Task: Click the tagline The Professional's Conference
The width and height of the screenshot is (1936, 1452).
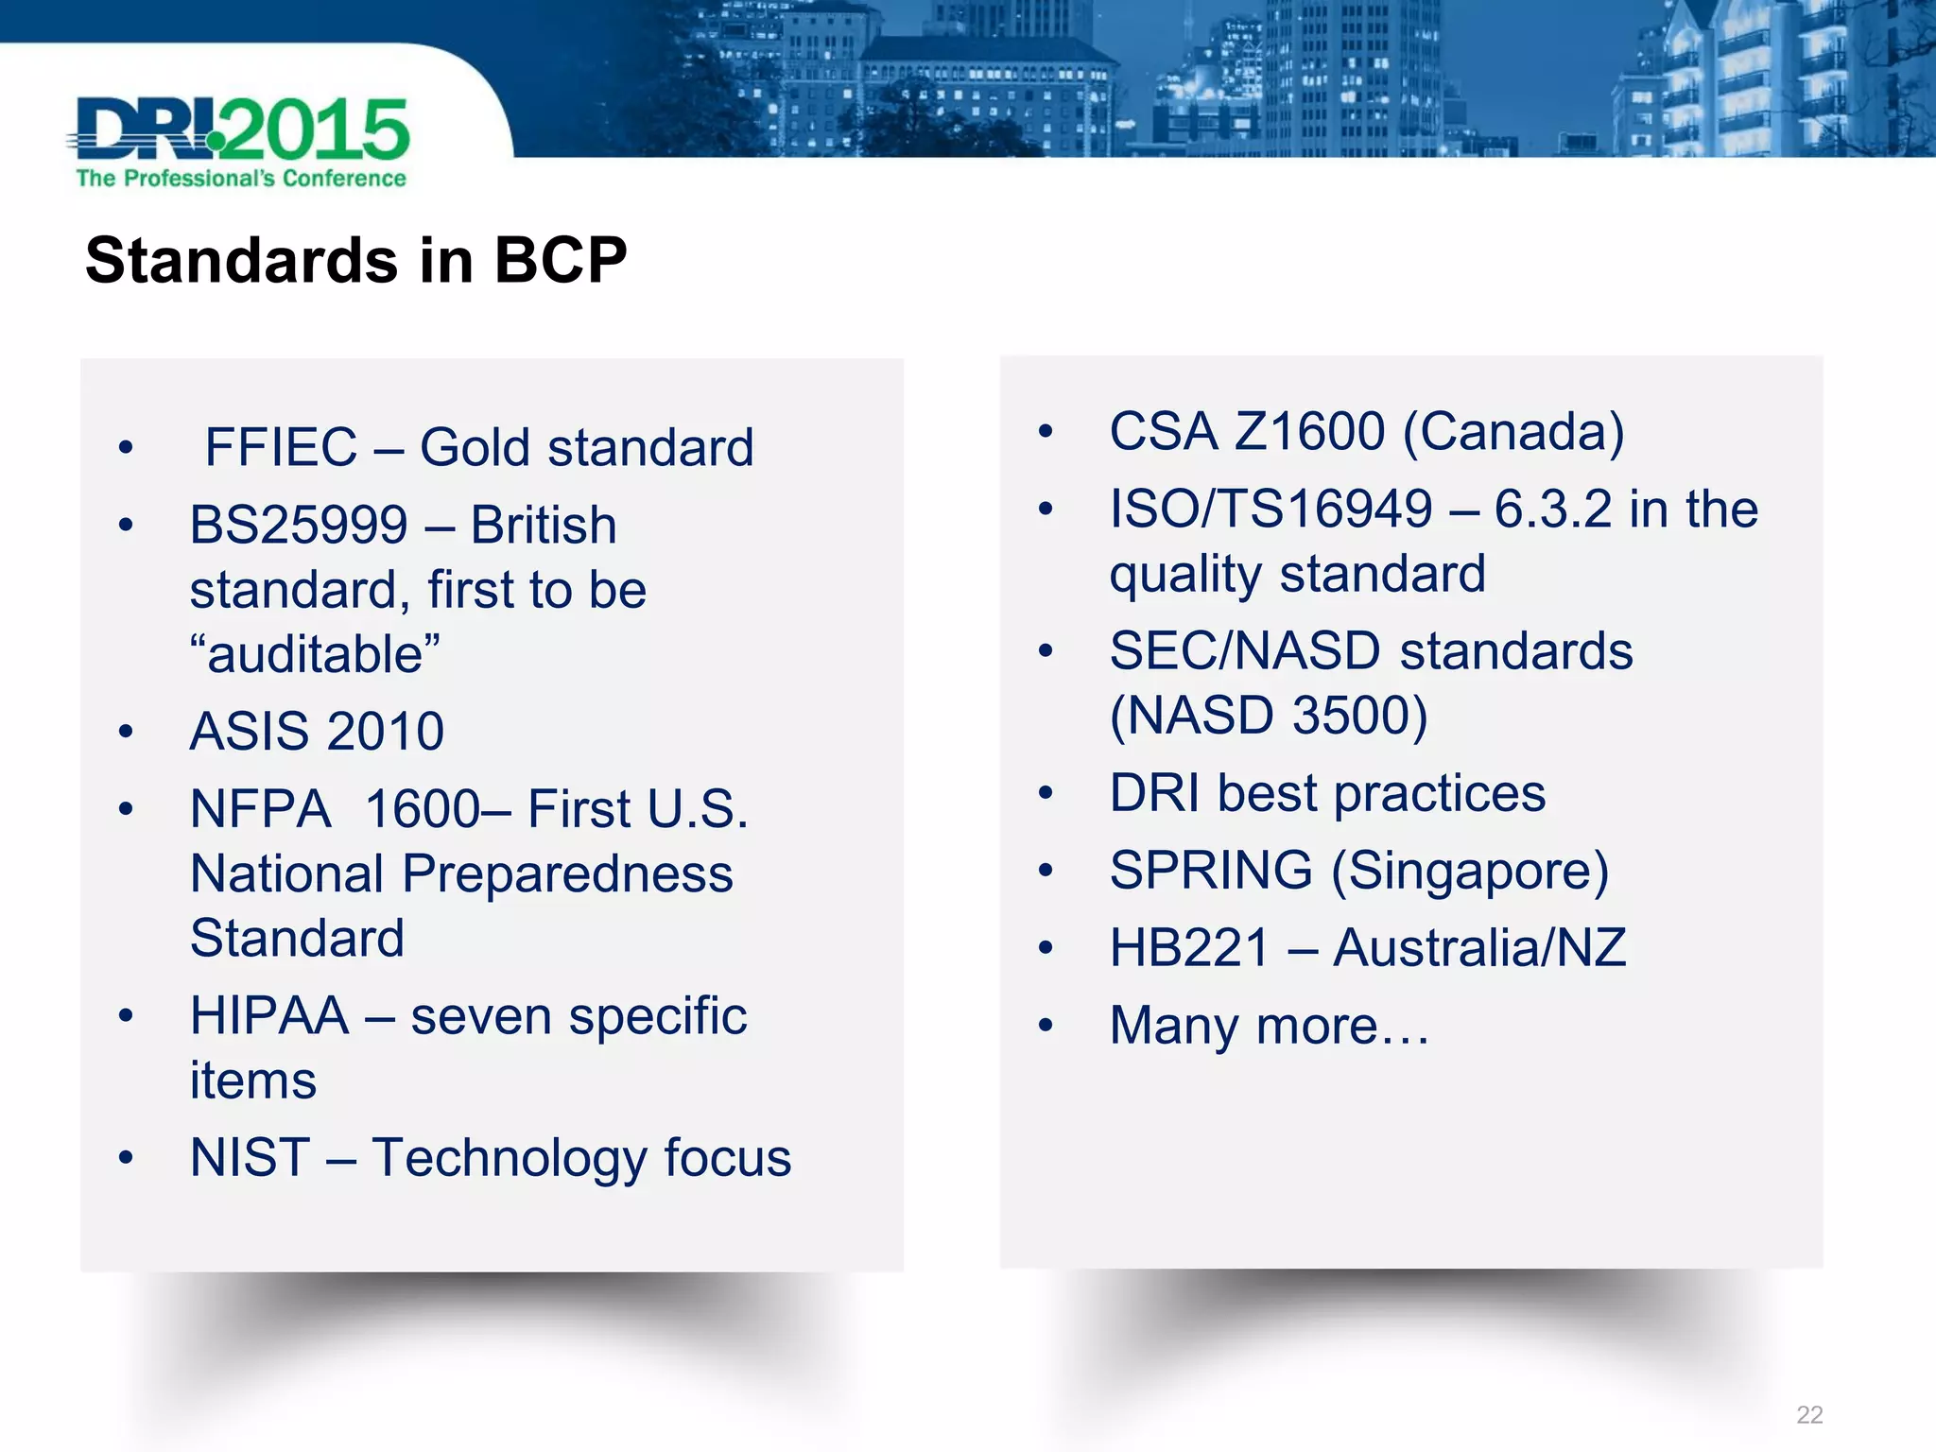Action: pyautogui.click(x=241, y=179)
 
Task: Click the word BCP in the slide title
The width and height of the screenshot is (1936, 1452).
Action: pyautogui.click(x=560, y=260)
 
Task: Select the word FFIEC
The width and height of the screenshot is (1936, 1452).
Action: pyautogui.click(x=282, y=447)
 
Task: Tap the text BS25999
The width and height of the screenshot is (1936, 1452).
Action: pyautogui.click(x=299, y=526)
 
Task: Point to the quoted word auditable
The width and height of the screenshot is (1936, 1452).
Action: pyautogui.click(x=315, y=654)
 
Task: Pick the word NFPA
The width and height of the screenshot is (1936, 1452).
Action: pyautogui.click(x=260, y=809)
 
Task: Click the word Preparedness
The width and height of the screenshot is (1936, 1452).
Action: pyautogui.click(x=567, y=873)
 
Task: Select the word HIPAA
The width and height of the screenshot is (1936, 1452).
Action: pyautogui.click(x=269, y=1016)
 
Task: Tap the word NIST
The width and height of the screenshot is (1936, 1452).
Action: pyautogui.click(x=250, y=1158)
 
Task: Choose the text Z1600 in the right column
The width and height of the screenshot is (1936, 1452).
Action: pyautogui.click(x=1310, y=432)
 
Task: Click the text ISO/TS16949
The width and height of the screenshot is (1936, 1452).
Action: pyautogui.click(x=1270, y=510)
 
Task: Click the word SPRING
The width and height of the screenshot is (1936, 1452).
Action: pyautogui.click(x=1211, y=870)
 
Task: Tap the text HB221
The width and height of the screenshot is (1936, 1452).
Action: pyautogui.click(x=1188, y=948)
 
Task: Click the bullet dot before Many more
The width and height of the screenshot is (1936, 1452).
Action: pyautogui.click(x=1045, y=1026)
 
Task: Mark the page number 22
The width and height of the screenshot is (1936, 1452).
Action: pyautogui.click(x=1809, y=1414)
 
